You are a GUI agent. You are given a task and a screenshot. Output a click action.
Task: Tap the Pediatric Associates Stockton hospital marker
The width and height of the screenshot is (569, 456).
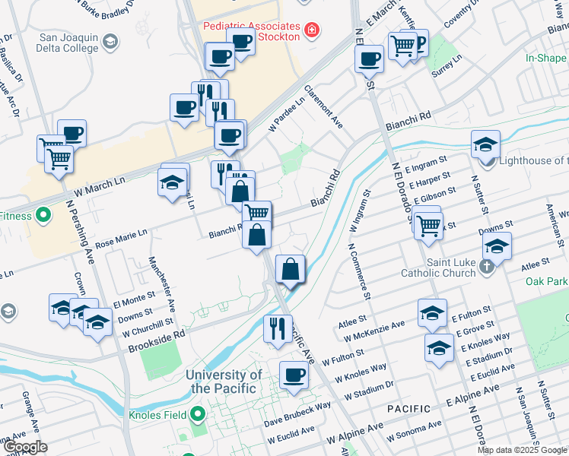(x=310, y=30)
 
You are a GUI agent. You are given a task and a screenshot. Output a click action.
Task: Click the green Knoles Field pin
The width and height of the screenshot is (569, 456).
(x=198, y=415)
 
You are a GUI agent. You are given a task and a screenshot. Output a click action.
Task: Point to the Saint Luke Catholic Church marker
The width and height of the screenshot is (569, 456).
(x=488, y=268)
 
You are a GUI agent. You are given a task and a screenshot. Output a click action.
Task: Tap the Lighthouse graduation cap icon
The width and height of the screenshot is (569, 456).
(x=485, y=145)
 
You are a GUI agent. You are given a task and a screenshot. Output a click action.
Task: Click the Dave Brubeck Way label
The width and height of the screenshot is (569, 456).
(x=297, y=417)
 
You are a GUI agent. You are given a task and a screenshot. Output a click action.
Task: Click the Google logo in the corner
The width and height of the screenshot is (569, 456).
(x=25, y=447)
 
